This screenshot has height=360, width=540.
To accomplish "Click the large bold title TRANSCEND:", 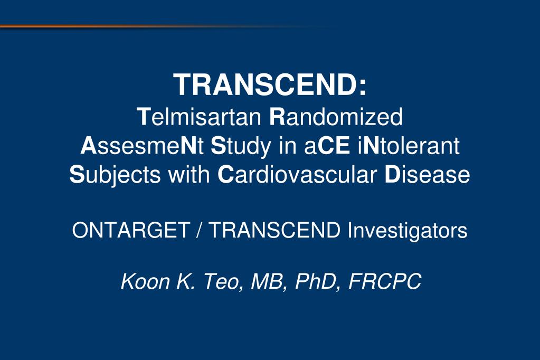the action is pyautogui.click(x=270, y=85).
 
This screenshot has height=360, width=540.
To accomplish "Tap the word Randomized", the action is pyautogui.click(x=336, y=117).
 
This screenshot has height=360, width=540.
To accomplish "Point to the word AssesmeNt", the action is pyautogui.click(x=142, y=146).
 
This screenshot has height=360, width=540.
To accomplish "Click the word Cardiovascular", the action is pyautogui.click(x=297, y=174).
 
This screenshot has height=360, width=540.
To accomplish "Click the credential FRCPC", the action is pyautogui.click(x=385, y=281).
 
